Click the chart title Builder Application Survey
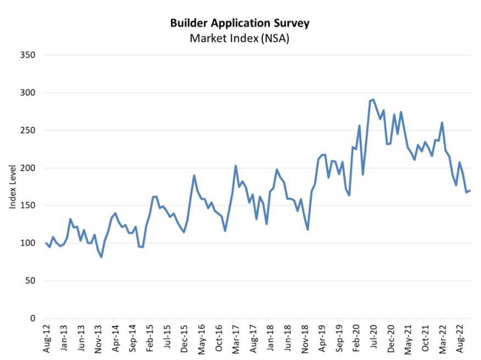coord(240,23)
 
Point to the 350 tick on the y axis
coord(28,55)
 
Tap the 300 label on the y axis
coord(28,93)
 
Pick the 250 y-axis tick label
coord(28,131)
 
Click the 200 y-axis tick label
coord(28,168)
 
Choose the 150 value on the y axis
coord(28,206)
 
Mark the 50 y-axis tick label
coord(30,281)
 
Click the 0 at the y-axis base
coord(32,318)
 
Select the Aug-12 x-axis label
coord(47,339)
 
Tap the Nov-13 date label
coord(99,339)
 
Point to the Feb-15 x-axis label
coord(150,339)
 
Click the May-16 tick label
coord(202,339)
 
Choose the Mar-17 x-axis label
coord(236,339)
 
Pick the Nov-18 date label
coord(305,339)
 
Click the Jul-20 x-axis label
coord(373,339)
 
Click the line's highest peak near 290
coord(373,100)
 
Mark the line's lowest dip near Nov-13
coord(102,257)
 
